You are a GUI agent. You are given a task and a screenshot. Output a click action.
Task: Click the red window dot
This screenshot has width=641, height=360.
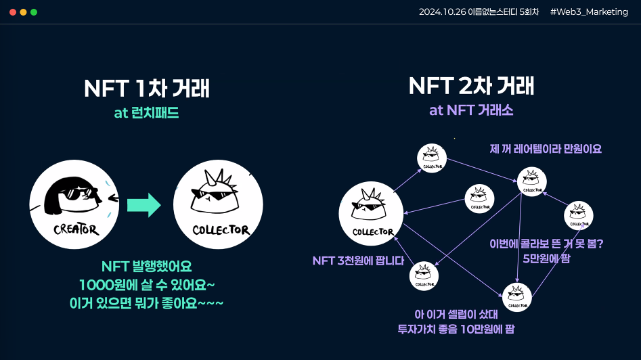(x=13, y=12)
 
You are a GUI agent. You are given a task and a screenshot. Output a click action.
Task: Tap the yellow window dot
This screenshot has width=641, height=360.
(x=23, y=12)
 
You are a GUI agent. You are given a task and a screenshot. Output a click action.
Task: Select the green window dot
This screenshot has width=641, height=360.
(x=34, y=12)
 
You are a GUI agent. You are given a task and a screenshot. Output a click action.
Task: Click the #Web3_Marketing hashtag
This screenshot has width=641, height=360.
(x=589, y=12)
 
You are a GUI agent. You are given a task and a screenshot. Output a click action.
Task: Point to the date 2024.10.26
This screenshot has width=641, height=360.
(x=442, y=12)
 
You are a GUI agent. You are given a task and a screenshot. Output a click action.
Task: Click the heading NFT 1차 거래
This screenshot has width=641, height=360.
(x=147, y=88)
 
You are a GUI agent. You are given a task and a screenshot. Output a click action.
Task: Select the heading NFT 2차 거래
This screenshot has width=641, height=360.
(x=471, y=85)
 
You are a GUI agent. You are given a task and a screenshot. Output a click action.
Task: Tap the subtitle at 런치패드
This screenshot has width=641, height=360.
(x=146, y=113)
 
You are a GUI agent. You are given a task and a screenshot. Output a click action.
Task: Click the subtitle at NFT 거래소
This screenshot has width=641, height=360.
(x=471, y=110)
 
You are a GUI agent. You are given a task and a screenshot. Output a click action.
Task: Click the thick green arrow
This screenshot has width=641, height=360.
(x=144, y=205)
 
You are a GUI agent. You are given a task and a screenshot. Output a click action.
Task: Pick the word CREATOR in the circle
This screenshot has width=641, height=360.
(x=76, y=229)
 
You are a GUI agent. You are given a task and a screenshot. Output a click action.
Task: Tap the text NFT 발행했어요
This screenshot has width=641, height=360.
(x=146, y=267)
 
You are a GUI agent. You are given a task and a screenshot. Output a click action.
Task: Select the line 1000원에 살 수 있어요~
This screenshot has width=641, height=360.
(x=147, y=285)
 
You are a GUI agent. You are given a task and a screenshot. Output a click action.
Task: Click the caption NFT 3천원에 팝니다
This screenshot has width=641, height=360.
(x=358, y=261)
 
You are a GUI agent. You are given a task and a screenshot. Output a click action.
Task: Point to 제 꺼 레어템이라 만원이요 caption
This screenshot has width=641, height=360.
(x=546, y=149)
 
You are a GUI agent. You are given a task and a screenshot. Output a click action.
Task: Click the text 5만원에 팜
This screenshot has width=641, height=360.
(x=546, y=258)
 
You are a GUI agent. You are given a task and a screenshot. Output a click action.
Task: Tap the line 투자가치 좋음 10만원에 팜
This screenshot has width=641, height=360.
(x=456, y=329)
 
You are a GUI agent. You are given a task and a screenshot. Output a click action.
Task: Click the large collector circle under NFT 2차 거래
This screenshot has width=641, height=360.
(x=371, y=214)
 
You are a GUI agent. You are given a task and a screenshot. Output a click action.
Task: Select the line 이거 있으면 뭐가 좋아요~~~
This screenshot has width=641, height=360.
(x=146, y=303)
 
